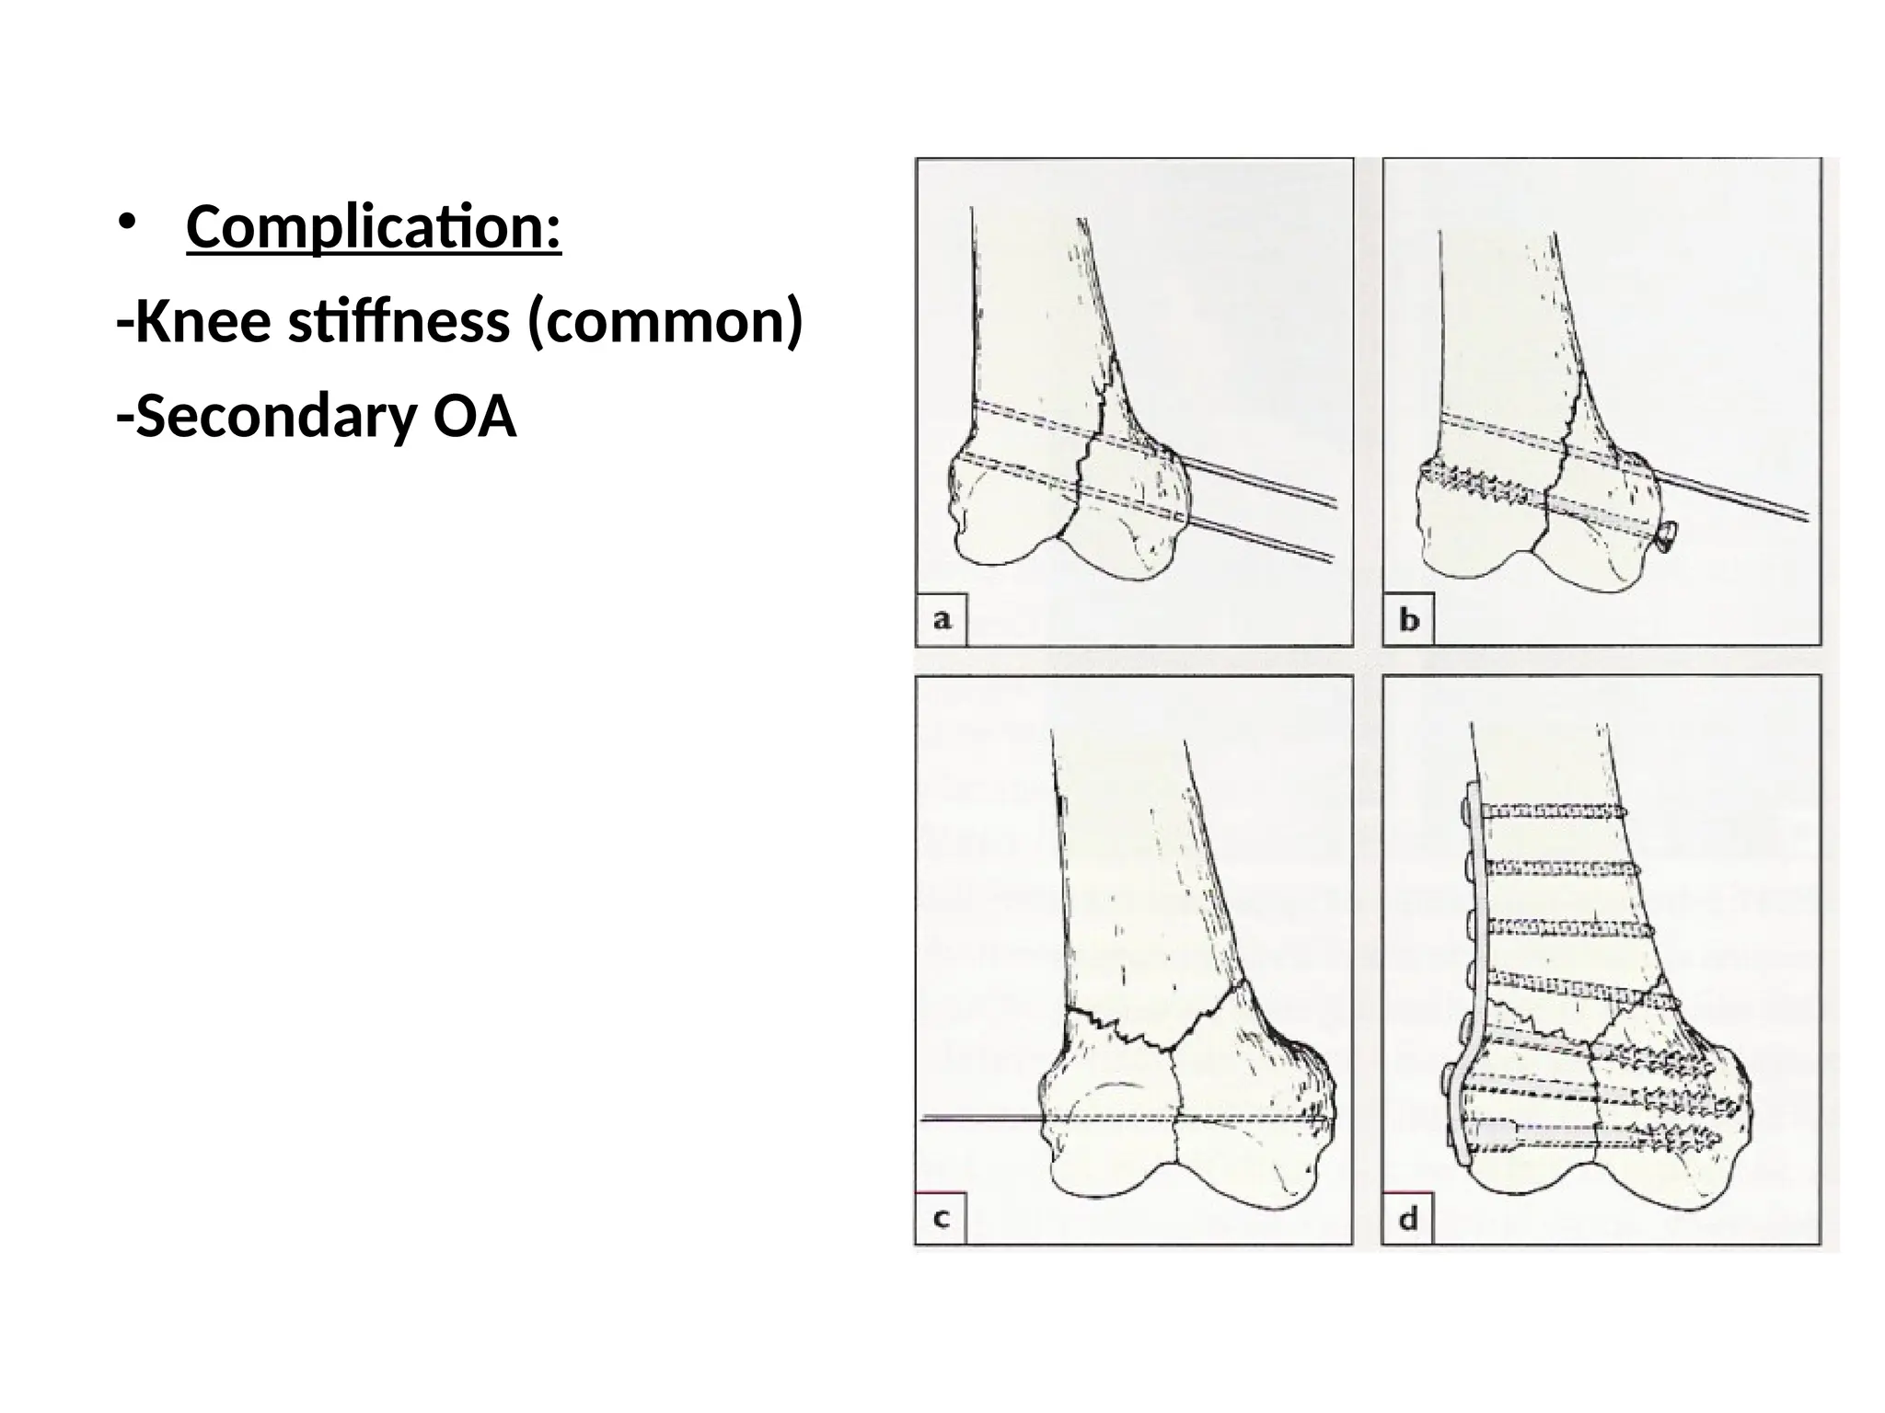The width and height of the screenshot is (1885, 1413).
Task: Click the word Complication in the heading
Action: (x=373, y=227)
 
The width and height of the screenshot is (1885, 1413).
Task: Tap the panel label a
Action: (x=942, y=620)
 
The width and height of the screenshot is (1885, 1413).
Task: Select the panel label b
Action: (x=1409, y=621)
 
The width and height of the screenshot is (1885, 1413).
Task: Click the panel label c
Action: (x=942, y=1219)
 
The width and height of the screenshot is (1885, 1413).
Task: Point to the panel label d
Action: (x=1408, y=1220)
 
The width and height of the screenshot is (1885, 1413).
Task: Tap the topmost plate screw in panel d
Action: (x=1555, y=810)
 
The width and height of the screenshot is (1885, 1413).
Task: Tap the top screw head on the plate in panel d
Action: (x=1464, y=810)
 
